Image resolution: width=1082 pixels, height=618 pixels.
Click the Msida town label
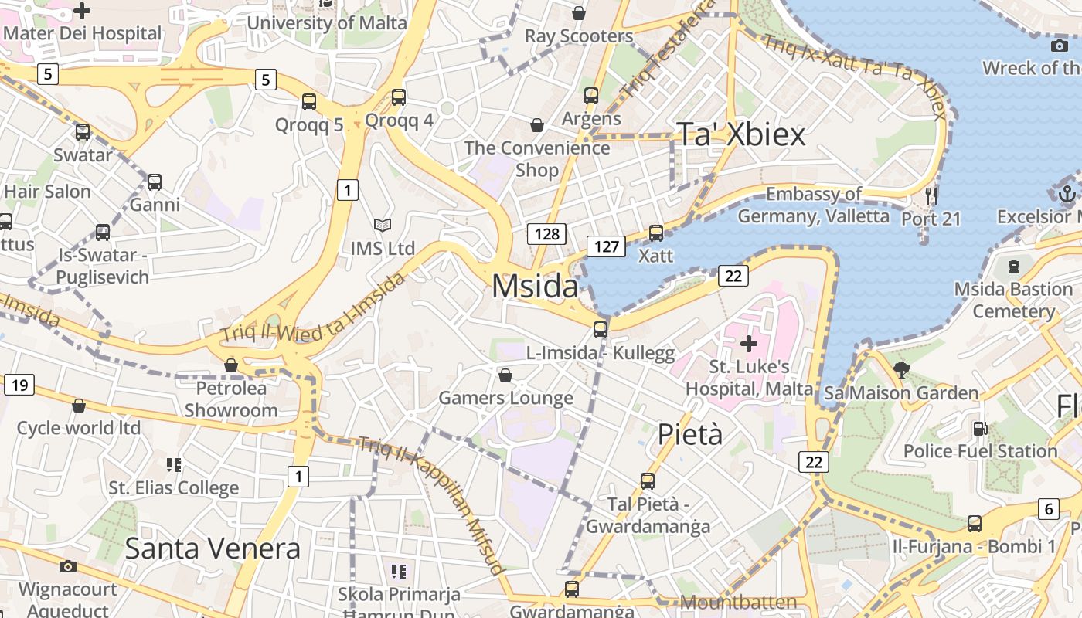[x=535, y=287]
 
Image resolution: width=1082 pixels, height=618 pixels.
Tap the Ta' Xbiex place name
[x=740, y=134]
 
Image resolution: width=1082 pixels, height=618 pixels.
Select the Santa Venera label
[x=213, y=548]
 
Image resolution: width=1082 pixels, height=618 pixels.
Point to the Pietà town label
[x=690, y=435]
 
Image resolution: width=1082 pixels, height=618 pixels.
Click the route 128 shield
[x=547, y=233]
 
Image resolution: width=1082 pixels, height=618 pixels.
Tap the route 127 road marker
[x=606, y=246]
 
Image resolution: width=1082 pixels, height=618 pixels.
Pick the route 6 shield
[x=1048, y=508]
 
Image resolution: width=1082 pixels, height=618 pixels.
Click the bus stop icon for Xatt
[x=656, y=233]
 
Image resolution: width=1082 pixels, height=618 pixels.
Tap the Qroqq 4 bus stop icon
[x=399, y=97]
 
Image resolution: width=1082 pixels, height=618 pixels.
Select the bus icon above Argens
[x=591, y=96]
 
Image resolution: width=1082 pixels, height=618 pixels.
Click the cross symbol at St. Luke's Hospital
[x=748, y=343]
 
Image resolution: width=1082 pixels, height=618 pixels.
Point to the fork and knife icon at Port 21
[x=931, y=195]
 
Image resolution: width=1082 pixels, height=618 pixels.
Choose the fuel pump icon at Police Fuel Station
[x=980, y=428]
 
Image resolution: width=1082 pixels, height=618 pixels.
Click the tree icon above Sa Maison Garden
[x=901, y=369]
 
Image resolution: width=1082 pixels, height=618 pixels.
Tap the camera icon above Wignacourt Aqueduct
[x=68, y=567]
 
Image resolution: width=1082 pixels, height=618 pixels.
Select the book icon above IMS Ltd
[x=383, y=225]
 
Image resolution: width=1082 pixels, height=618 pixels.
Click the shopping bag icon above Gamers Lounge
[x=505, y=375]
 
